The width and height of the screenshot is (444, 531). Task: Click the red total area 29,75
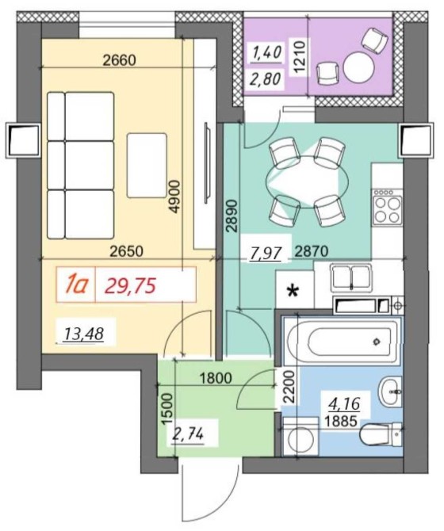(130, 285)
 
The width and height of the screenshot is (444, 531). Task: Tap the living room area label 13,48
(84, 334)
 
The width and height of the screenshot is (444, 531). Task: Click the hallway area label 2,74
(188, 434)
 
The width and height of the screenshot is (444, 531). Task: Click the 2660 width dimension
(119, 60)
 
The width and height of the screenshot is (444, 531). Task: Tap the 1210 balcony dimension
(300, 56)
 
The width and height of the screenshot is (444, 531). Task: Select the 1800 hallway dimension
(216, 378)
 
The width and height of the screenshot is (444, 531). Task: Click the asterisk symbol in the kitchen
(293, 291)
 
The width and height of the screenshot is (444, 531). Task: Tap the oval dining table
(307, 182)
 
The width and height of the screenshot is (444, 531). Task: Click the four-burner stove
(388, 207)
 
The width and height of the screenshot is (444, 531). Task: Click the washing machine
(300, 436)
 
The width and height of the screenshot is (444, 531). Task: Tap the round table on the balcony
(359, 66)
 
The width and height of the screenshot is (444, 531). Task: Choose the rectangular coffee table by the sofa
(147, 166)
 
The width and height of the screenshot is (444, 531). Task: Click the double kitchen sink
(351, 277)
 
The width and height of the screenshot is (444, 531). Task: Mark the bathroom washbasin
(391, 392)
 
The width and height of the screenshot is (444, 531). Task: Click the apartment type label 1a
(77, 285)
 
